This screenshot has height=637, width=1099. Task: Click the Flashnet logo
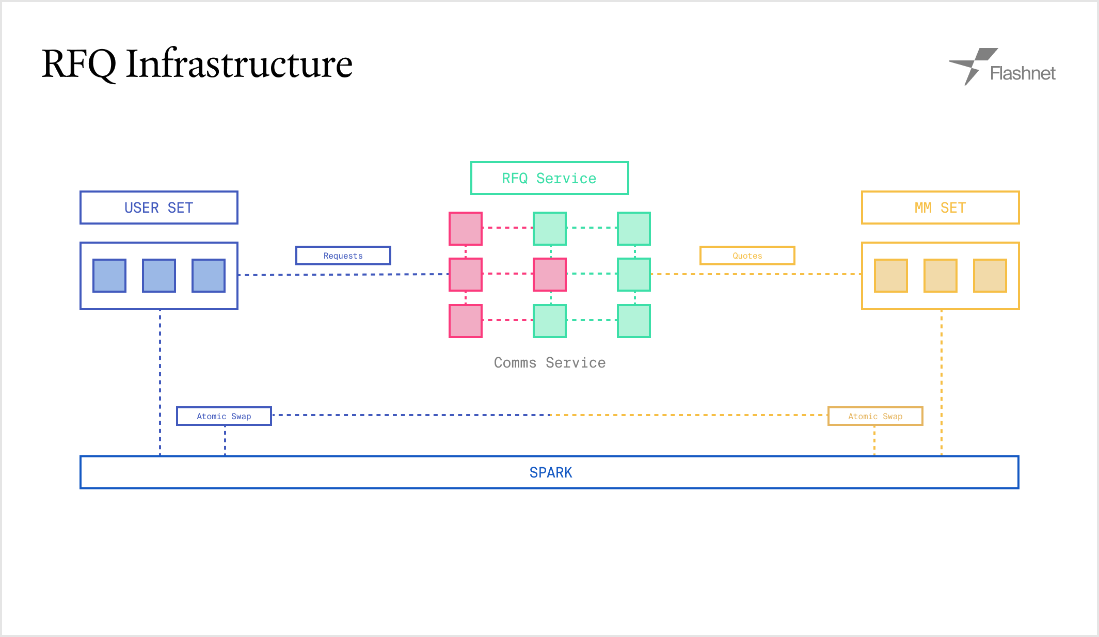click(1002, 67)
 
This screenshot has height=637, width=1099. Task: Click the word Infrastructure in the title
click(239, 64)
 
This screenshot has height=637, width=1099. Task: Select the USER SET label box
click(159, 208)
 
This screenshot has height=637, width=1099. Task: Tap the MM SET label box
click(941, 208)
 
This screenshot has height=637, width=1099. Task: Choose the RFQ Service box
click(550, 178)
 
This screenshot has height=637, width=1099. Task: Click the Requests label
click(343, 256)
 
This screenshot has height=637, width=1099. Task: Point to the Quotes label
click(747, 256)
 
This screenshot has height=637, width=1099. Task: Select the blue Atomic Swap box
click(224, 416)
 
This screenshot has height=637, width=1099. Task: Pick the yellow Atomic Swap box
click(875, 416)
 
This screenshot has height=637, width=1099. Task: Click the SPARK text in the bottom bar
click(551, 472)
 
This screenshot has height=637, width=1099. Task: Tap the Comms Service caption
click(550, 362)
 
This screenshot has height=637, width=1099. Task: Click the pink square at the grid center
click(550, 275)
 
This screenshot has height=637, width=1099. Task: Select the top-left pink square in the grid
click(466, 228)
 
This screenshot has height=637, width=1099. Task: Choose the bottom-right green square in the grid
click(634, 321)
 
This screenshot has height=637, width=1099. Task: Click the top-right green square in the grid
click(634, 228)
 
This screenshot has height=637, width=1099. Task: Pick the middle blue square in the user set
click(159, 276)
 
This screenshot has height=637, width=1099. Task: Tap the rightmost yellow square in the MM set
click(990, 276)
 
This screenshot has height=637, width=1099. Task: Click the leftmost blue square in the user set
click(109, 276)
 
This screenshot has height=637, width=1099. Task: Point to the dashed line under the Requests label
click(343, 275)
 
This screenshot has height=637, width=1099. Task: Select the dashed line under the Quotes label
click(756, 274)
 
